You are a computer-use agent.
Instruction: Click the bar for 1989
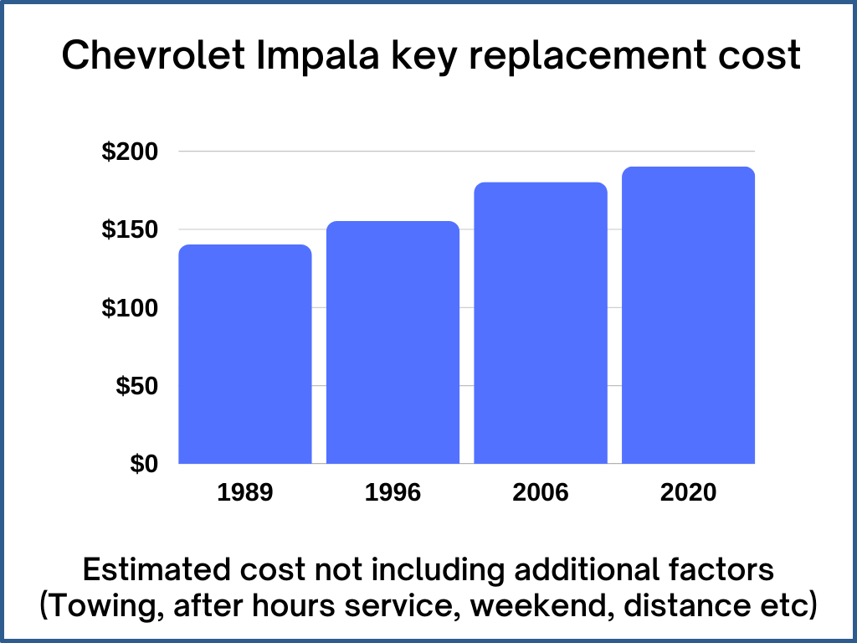pyautogui.click(x=245, y=354)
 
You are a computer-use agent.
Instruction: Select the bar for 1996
pyautogui.click(x=393, y=342)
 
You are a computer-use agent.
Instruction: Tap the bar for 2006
pyautogui.click(x=541, y=323)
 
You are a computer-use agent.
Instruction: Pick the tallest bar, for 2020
pyautogui.click(x=688, y=315)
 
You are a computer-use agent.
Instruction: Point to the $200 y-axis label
pyautogui.click(x=130, y=152)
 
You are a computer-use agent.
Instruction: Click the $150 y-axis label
pyautogui.click(x=130, y=230)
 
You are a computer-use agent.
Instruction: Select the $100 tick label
pyautogui.click(x=130, y=308)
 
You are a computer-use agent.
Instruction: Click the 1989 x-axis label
pyautogui.click(x=245, y=492)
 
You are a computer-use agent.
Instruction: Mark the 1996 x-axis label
pyautogui.click(x=393, y=492)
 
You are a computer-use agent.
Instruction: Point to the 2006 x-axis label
pyautogui.click(x=541, y=492)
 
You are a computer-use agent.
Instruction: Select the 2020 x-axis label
pyautogui.click(x=688, y=492)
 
